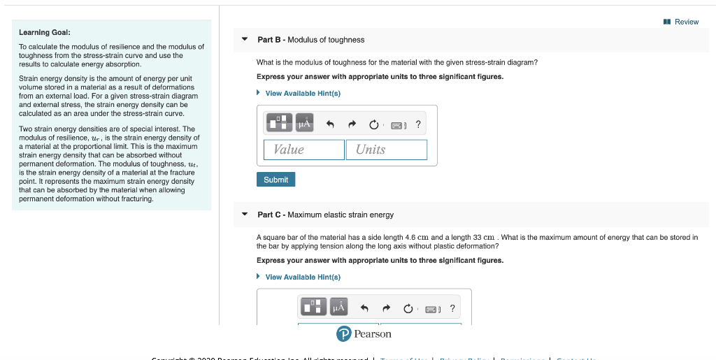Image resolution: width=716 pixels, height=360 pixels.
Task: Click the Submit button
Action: click(x=275, y=180)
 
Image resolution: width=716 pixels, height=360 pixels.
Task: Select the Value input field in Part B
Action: click(x=303, y=150)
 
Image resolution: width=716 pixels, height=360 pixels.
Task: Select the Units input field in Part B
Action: click(x=386, y=150)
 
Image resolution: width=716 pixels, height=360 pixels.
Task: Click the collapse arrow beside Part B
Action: click(x=244, y=39)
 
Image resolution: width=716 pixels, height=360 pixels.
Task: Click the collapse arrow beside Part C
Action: click(x=244, y=215)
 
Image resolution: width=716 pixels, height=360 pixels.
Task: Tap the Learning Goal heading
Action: click(x=44, y=32)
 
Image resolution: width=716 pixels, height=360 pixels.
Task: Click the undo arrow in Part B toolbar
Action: click(x=330, y=124)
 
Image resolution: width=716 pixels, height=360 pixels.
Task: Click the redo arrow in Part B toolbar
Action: click(x=352, y=124)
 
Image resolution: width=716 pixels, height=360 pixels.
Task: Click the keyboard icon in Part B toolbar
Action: click(x=397, y=125)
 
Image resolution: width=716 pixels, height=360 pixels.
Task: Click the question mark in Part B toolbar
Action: click(x=418, y=124)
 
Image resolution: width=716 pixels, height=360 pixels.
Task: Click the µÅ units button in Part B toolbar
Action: click(x=304, y=123)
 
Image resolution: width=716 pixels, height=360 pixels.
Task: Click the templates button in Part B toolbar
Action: click(x=278, y=123)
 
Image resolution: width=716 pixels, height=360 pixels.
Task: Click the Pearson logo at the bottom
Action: click(x=364, y=333)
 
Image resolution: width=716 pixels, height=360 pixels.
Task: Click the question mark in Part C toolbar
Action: click(x=452, y=308)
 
